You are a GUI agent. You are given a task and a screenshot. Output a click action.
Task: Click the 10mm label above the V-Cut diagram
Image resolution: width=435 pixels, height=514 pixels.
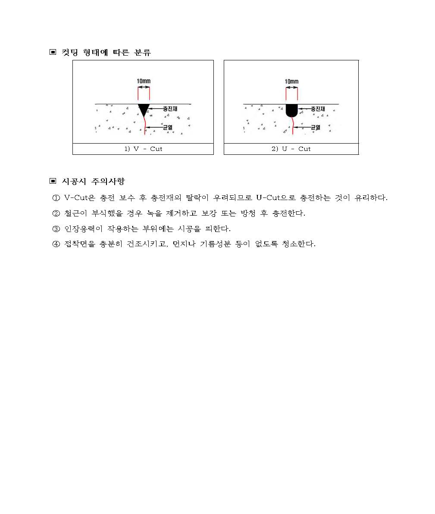144,81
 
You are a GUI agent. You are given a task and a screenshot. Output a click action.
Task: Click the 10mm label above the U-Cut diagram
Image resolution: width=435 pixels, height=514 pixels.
291,81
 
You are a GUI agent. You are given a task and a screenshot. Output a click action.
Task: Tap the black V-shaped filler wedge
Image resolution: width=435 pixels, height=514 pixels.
144,109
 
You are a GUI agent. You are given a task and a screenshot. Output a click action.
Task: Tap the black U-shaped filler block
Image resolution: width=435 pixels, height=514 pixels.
292,110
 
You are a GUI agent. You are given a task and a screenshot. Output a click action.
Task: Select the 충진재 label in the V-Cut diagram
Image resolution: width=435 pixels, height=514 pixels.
170,109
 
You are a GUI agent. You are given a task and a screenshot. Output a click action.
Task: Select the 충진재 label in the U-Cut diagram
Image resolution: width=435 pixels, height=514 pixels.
318,109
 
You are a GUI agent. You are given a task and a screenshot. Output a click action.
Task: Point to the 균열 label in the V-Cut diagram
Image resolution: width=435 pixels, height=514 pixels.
168,127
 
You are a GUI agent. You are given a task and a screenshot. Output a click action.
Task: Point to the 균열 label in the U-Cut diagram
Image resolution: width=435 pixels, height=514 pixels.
316,127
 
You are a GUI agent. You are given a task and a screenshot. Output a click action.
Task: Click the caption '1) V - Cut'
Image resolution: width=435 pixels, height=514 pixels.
143,149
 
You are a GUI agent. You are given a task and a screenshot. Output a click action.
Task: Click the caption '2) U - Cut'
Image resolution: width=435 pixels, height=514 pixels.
291,149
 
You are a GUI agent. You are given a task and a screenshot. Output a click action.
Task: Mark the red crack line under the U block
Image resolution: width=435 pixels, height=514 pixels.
293,125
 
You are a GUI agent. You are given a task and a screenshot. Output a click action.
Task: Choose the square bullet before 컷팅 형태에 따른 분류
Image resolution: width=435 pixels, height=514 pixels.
53,52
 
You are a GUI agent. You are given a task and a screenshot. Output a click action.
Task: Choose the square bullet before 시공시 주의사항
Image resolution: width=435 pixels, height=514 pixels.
53,181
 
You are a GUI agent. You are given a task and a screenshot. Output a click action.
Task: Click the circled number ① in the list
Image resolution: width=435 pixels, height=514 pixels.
56,198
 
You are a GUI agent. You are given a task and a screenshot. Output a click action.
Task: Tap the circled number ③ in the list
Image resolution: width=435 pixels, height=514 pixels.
56,229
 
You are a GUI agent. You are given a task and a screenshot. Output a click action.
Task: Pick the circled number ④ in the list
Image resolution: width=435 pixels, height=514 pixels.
56,244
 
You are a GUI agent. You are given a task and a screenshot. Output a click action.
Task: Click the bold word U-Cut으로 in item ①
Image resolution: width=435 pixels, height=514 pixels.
275,197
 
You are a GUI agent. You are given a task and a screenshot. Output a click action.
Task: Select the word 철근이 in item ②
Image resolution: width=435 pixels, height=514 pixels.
75,213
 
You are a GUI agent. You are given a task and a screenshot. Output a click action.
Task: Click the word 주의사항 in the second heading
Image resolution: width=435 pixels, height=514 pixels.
108,181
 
